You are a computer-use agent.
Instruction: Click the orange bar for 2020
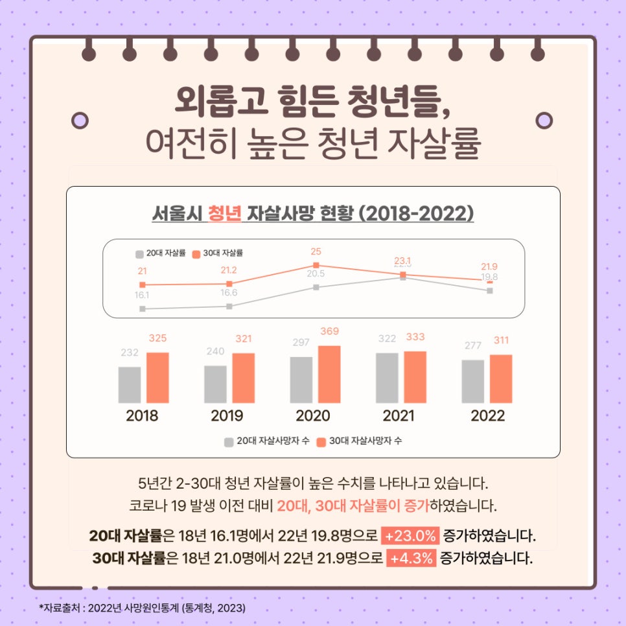[x=329, y=375]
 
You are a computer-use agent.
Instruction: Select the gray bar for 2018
[x=130, y=385]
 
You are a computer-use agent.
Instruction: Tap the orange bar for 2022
[x=501, y=379]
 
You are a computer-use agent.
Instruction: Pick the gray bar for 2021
[x=387, y=378]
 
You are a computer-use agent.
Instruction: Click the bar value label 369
[x=329, y=332]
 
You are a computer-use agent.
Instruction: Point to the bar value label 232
[x=130, y=353]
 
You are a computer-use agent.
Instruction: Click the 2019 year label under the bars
[x=227, y=416]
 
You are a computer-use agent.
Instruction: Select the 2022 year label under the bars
[x=487, y=416]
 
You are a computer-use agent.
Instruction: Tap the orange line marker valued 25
[x=316, y=265]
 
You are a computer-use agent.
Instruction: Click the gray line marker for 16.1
[x=142, y=308]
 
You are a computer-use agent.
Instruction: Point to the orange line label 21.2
[x=229, y=270]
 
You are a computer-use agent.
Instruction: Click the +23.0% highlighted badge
[x=411, y=537]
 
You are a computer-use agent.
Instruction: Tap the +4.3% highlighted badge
[x=411, y=558]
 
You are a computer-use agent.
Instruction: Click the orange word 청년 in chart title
[x=224, y=213]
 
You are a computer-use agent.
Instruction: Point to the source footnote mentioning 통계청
[x=143, y=608]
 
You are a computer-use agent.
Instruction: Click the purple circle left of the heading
[x=80, y=120]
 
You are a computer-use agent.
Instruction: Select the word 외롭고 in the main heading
[x=212, y=102]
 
